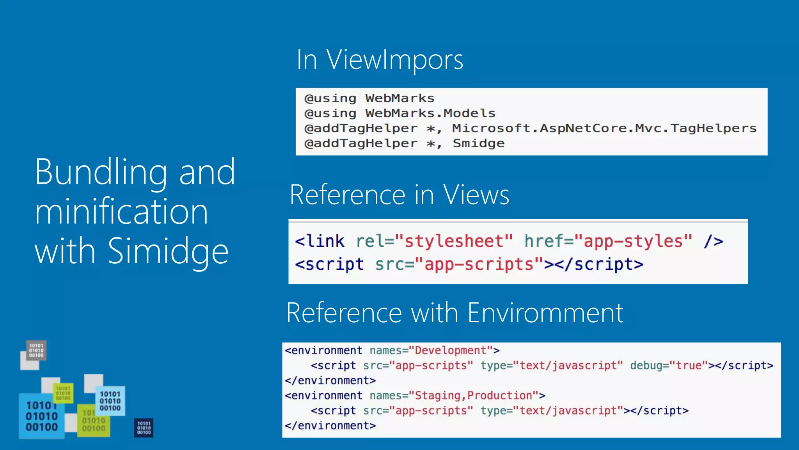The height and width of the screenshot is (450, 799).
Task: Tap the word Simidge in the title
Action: coord(168,251)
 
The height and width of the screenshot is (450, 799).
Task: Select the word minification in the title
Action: coord(121,211)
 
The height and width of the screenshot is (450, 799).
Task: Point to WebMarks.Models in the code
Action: coord(430,113)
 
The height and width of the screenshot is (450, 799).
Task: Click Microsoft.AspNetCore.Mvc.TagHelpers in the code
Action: coord(604,128)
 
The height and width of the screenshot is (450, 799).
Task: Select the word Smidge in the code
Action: coord(478,143)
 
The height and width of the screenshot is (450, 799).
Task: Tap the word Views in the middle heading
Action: coord(476,195)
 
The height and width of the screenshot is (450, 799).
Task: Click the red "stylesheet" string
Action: coord(454,241)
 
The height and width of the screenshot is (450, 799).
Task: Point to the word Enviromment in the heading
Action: coord(545,313)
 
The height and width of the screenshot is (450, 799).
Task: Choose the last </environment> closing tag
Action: coord(330,425)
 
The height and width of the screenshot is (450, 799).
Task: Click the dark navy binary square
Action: coord(144,428)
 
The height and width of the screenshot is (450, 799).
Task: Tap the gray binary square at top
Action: coord(36,350)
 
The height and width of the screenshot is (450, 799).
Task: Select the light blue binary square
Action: coord(110,401)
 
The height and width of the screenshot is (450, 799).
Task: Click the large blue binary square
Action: coord(41,416)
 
